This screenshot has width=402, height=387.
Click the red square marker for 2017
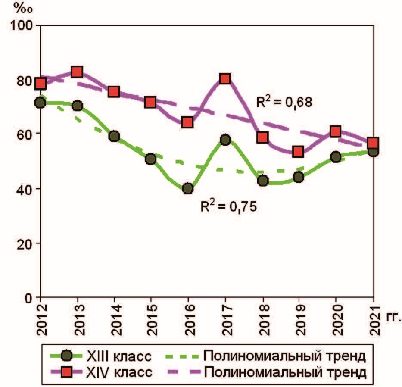225,78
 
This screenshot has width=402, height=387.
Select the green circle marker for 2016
188,188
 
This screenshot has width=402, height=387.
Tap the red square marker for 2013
77,72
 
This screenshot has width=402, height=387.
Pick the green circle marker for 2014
114,136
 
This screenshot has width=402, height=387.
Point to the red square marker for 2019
299,152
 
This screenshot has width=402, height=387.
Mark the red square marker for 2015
151,102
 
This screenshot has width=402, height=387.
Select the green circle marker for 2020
336,157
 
